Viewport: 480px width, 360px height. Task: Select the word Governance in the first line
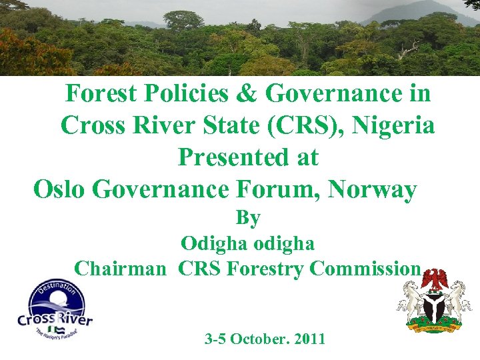(332, 94)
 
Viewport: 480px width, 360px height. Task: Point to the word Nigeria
(395, 125)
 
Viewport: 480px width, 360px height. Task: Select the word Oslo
(60, 189)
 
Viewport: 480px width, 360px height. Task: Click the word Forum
(278, 189)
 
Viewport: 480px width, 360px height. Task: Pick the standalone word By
(248, 218)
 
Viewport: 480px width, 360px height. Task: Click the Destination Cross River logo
(55, 309)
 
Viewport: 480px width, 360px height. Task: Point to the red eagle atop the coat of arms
(437, 279)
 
